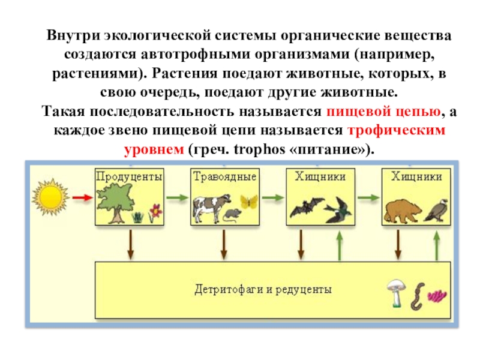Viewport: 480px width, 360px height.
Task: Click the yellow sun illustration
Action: pyautogui.click(x=50, y=197)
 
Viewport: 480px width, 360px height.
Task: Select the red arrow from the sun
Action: pyautogui.click(x=83, y=198)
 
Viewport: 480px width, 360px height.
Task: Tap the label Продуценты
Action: pyautogui.click(x=129, y=176)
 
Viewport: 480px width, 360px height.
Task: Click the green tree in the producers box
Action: pyautogui.click(x=115, y=204)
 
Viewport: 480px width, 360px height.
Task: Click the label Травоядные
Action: pyautogui.click(x=225, y=176)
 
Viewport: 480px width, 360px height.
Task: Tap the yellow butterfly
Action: pyautogui.click(x=249, y=202)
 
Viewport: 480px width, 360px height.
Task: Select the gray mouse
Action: pyautogui.click(x=232, y=215)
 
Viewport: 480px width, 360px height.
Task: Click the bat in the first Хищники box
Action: pyautogui.click(x=307, y=207)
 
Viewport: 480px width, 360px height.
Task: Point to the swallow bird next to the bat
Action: pyautogui.click(x=339, y=210)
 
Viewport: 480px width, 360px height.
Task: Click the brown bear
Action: pyautogui.click(x=403, y=211)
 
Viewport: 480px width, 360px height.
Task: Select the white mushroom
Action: pyautogui.click(x=397, y=293)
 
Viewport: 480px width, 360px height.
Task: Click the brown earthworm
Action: pyautogui.click(x=418, y=296)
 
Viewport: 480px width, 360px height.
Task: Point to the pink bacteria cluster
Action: pyautogui.click(x=437, y=296)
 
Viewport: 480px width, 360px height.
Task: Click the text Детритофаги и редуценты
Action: pyautogui.click(x=263, y=289)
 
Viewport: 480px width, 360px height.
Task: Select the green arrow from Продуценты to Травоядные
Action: pyautogui.click(x=177, y=198)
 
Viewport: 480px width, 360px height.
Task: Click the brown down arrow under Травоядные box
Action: pyautogui.click(x=224, y=245)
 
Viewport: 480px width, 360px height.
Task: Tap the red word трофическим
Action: pyautogui.click(x=397, y=130)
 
